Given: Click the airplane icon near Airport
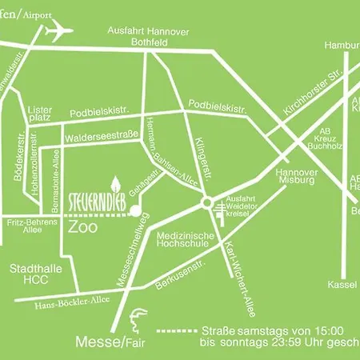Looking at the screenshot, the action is tap(56, 31).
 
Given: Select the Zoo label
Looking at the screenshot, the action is tap(83, 227).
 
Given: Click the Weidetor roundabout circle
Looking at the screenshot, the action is tap(208, 203).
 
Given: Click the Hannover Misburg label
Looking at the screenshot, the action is tap(297, 177).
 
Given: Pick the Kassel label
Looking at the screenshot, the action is tap(342, 284).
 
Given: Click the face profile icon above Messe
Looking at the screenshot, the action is tap(138, 316).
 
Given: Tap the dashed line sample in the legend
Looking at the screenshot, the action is tap(176, 330).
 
